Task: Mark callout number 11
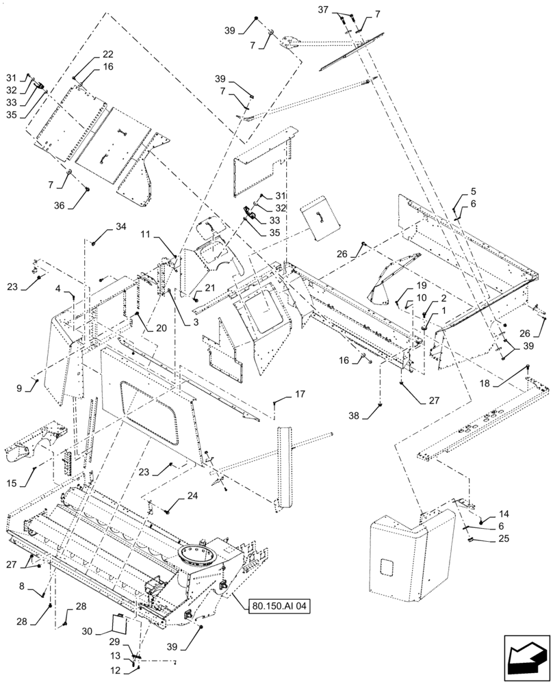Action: click(x=146, y=234)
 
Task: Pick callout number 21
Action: click(x=209, y=288)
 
